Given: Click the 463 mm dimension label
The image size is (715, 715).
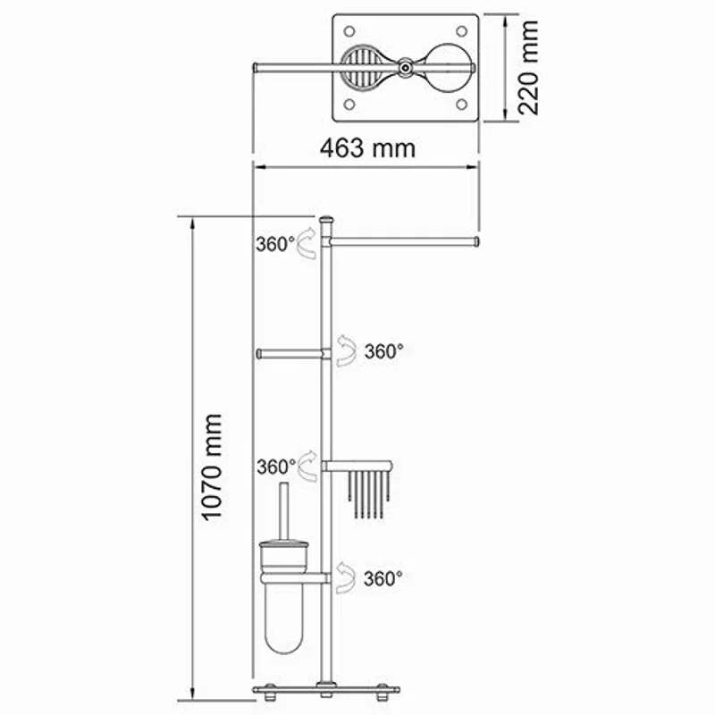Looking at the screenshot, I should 367,148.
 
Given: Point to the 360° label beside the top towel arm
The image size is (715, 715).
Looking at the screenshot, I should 274,243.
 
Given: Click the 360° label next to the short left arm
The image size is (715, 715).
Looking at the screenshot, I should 383,351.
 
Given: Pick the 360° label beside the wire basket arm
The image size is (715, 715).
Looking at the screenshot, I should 274,467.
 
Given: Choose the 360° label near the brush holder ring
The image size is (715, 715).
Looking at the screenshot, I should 383,578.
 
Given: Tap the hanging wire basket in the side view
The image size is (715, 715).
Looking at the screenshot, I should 366,492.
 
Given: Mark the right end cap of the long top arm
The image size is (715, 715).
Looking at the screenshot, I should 478,241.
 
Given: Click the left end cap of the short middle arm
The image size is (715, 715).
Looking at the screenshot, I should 259,353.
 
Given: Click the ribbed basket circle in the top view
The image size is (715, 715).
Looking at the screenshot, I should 362,65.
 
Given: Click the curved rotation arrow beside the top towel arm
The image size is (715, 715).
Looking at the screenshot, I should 307,243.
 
